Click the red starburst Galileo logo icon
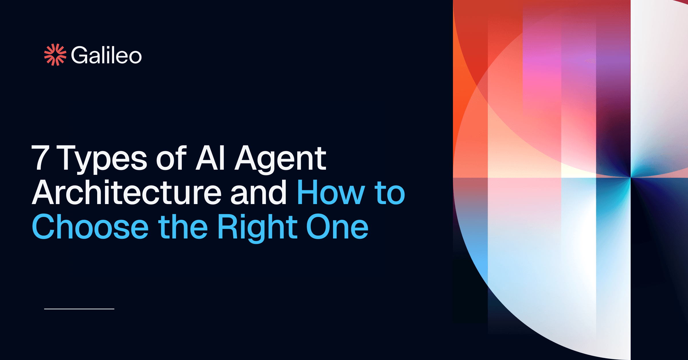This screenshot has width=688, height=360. (55, 55)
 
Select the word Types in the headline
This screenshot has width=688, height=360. (102, 159)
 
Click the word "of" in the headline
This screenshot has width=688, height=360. (171, 158)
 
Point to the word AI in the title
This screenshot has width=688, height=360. (210, 158)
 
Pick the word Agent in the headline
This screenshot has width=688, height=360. (280, 159)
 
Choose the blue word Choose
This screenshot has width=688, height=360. (90, 227)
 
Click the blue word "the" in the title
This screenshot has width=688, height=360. (183, 227)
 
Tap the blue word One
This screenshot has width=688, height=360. (337, 227)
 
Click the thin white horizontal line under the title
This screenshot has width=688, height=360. (79, 309)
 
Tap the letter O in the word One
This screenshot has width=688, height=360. (319, 227)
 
